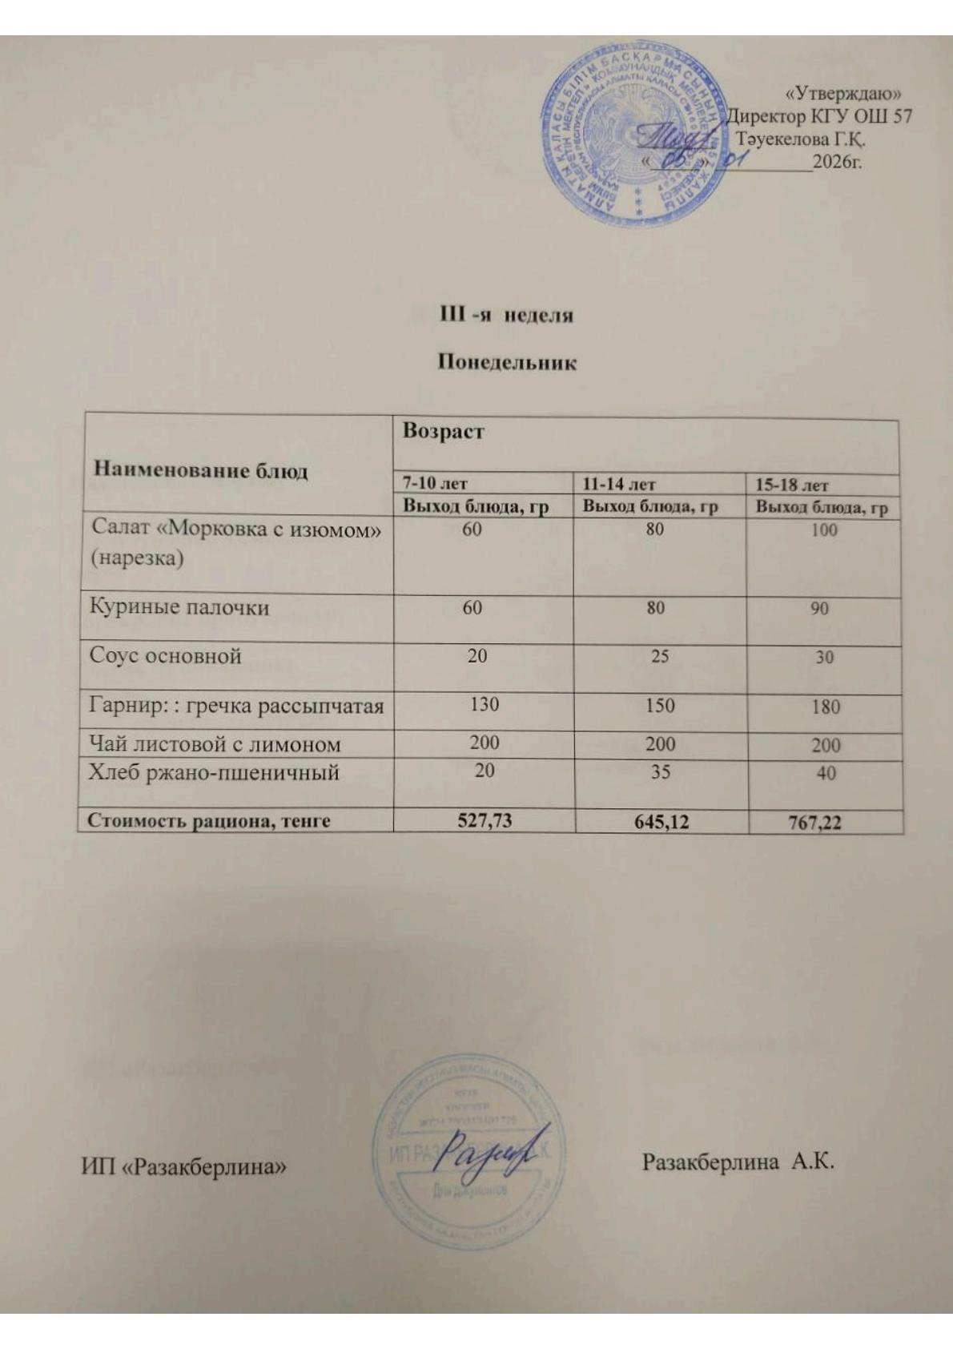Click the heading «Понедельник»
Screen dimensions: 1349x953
[507, 363]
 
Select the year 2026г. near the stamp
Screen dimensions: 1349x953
[836, 163]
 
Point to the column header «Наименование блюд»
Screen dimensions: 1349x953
[201, 470]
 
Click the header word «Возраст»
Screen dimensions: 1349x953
[444, 432]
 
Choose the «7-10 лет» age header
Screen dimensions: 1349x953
[435, 484]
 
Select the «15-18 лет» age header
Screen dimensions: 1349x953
[792, 485]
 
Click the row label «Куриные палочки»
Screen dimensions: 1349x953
[179, 607]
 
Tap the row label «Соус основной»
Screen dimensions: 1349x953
[166, 656]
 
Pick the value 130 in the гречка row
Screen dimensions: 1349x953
[485, 704]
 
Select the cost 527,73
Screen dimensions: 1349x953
[484, 821]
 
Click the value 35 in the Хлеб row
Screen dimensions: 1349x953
[660, 772]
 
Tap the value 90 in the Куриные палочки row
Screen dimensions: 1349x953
[818, 609]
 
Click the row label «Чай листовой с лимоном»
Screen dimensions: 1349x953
[215, 744]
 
